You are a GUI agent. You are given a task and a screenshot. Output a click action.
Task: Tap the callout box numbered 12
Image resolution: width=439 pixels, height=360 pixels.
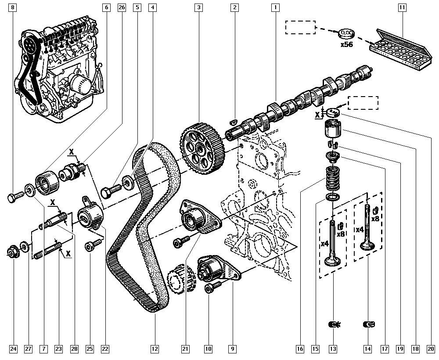(154, 349)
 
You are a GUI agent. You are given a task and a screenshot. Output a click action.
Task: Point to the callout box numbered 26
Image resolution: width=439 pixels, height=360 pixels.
(122, 7)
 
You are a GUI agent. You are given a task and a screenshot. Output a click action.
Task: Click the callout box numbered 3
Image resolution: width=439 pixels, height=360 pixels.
(199, 7)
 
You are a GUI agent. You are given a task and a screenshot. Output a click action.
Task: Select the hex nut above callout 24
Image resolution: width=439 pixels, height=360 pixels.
(13, 252)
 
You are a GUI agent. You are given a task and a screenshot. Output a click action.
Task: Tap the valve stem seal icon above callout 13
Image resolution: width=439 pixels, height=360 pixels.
(335, 325)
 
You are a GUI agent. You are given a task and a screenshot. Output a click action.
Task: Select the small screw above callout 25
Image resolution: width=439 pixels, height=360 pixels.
(91, 247)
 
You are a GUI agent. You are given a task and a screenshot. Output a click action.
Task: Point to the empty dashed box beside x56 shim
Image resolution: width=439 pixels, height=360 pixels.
(300, 27)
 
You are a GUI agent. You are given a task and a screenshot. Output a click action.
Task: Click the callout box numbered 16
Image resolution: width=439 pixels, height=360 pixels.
(300, 349)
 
